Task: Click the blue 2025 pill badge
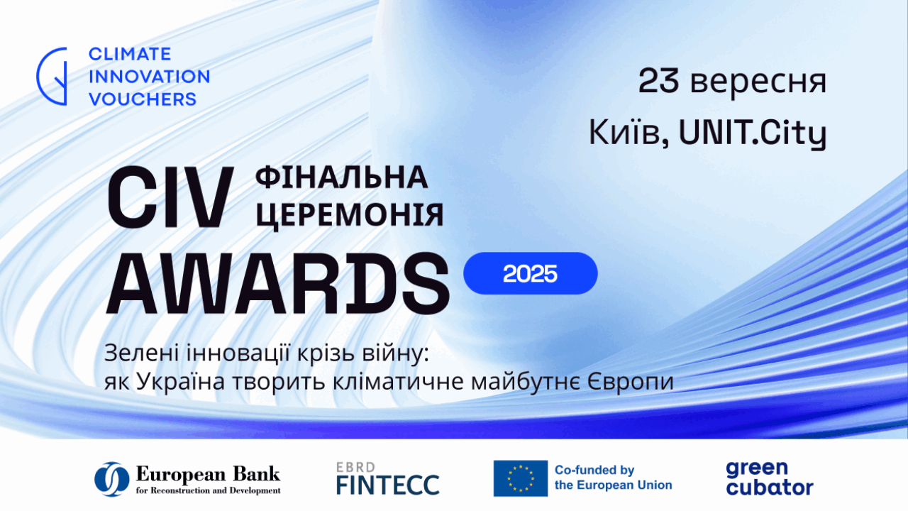pos(530,273)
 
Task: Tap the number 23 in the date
pos(659,81)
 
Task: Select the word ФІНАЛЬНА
pos(341,177)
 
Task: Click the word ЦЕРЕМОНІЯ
pos(350,214)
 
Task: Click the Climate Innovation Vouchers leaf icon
pos(52,76)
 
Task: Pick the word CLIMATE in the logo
pos(130,54)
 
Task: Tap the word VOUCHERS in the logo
pos(143,99)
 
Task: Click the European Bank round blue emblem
pos(112,478)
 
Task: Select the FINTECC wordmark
pos(388,485)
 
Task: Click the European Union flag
pos(521,478)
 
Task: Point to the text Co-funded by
pos(594,470)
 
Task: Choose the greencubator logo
pos(770,478)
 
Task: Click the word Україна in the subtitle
pos(180,382)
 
